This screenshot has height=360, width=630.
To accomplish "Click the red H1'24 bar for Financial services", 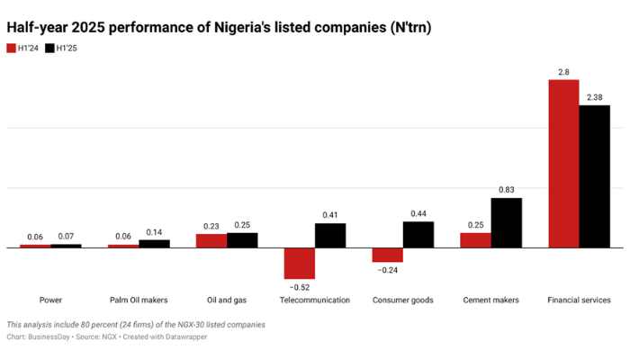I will (563, 163).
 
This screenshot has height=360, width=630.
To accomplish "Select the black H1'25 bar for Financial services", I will (594, 175).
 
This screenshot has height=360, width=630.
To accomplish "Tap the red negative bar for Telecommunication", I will (299, 263).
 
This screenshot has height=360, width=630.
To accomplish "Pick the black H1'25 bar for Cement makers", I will (507, 222).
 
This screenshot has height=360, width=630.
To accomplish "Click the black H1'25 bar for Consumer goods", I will (418, 234).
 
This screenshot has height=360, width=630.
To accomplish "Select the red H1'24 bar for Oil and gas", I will (211, 240).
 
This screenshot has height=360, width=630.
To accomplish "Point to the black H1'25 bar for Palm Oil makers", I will (154, 243).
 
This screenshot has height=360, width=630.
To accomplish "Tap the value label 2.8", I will (563, 70).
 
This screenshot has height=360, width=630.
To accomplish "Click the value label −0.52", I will (299, 287).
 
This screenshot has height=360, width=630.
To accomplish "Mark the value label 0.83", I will (507, 189).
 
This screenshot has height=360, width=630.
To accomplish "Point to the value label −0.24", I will (388, 270).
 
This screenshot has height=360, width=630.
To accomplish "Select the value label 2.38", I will (594, 96).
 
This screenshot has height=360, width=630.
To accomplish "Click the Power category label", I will (50, 300).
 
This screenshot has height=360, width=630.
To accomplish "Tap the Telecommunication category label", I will (314, 300).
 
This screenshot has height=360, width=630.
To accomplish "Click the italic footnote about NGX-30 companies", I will (135, 324).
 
